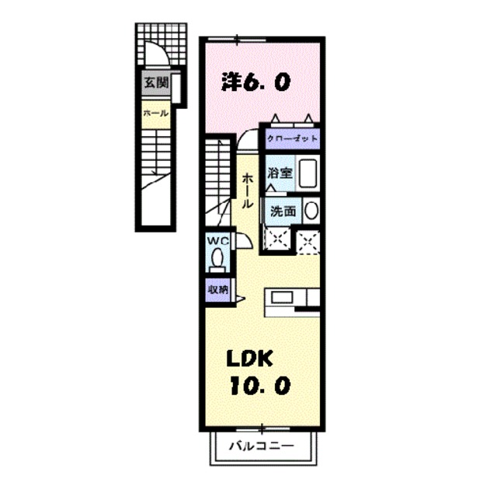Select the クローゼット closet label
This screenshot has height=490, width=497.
pos(292,138)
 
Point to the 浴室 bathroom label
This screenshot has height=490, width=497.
pos(280,173)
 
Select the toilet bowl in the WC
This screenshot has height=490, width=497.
pos(217,259)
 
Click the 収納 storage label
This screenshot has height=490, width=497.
pos(217,289)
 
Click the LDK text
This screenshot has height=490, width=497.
pos(249,359)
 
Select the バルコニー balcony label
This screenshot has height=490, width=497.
pos(262,447)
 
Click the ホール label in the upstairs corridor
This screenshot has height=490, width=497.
pos(246,190)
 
